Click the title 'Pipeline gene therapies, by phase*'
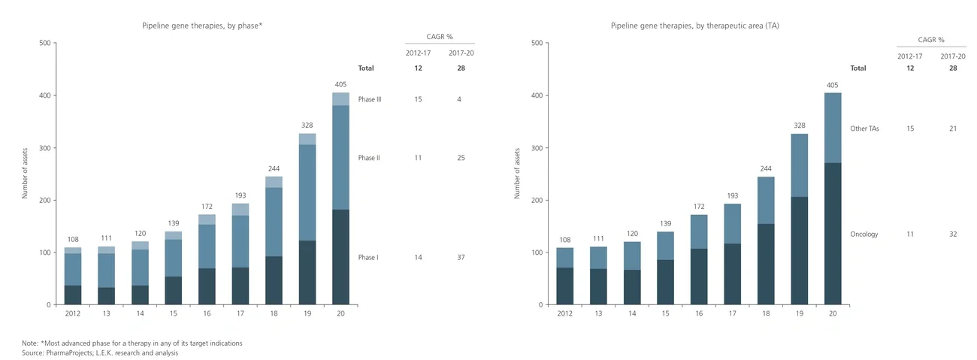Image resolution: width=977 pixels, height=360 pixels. tap(202, 26)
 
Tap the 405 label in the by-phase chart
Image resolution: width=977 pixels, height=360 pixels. tap(340, 85)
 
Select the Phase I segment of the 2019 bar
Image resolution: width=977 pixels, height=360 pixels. tap(307, 272)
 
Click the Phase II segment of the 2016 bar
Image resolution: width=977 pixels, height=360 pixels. tap(207, 246)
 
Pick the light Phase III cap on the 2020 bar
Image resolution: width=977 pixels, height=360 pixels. tap(340, 99)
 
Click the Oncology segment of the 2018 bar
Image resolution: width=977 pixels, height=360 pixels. tap(765, 264)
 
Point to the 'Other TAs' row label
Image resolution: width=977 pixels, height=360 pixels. tap(864, 129)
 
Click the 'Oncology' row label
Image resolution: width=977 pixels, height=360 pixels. tap(864, 234)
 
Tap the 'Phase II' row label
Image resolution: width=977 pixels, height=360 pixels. tap(369, 159)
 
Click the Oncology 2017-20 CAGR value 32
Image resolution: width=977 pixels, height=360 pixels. tap(953, 234)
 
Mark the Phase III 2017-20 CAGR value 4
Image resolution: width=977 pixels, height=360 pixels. tap(458, 99)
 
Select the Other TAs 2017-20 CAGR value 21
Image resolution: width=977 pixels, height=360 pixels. tap(953, 129)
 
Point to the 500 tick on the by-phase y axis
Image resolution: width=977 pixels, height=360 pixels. tap(44, 43)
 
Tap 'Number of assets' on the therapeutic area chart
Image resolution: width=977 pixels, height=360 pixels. tap(517, 174)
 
